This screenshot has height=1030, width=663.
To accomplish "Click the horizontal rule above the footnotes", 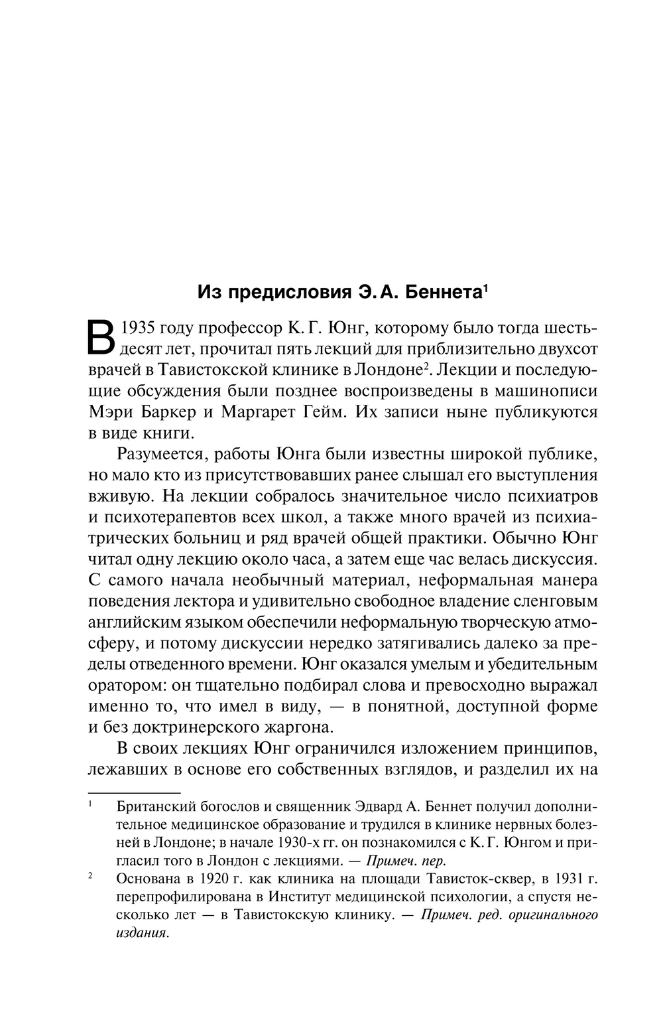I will coord(135,792).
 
